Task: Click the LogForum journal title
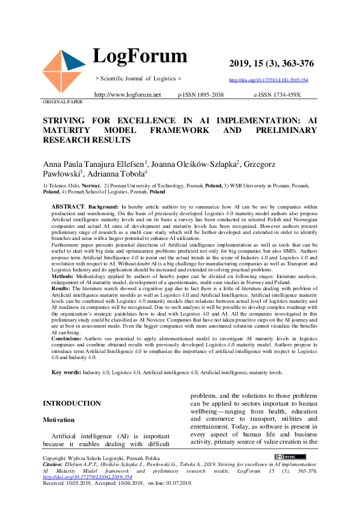(140, 56)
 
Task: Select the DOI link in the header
(268, 80)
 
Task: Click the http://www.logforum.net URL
(128, 95)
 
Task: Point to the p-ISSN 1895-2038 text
(201, 95)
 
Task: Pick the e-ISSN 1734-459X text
(277, 95)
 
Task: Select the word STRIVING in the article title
(64, 121)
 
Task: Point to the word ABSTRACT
(68, 207)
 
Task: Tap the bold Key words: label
(66, 373)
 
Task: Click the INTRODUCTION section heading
(72, 403)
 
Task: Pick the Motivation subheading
(59, 420)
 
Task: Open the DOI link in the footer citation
(87, 476)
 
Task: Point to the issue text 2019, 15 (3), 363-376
(272, 64)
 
